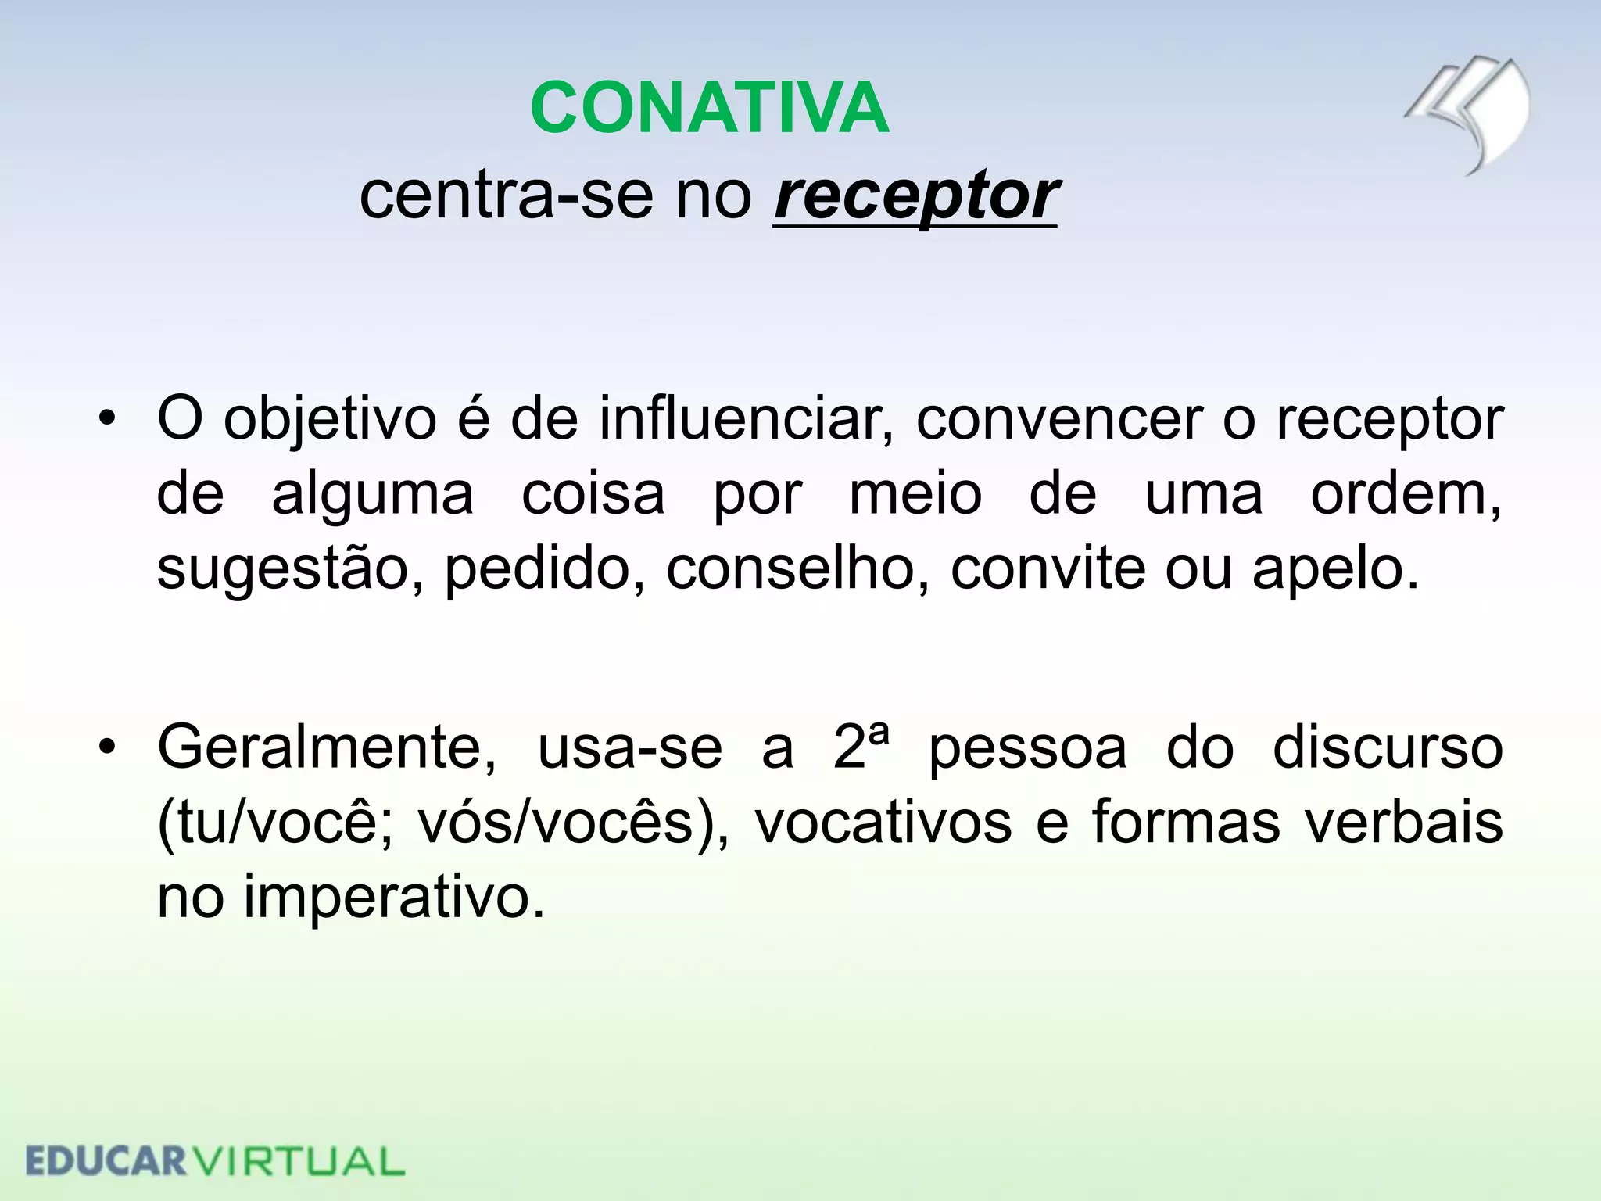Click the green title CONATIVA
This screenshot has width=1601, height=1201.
coord(709,108)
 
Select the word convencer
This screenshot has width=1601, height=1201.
coord(1059,419)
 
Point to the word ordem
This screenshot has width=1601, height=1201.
coord(1405,494)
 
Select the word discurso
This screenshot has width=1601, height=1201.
coord(1388,747)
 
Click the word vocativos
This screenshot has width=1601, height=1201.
coord(883,823)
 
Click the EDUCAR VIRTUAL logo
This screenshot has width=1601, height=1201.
coord(215,1161)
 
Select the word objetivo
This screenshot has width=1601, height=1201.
coord(330,421)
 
